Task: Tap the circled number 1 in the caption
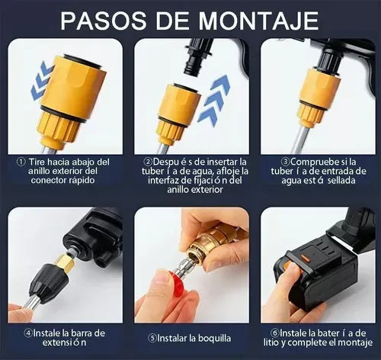point(20,162)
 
